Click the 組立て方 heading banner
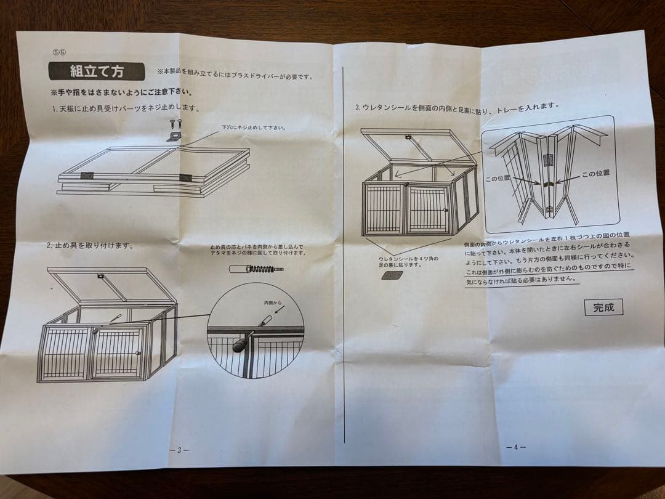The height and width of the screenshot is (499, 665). (97, 71)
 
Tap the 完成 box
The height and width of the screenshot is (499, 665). (603, 307)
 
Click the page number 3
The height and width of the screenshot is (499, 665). (179, 450)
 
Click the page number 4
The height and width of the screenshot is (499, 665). (516, 447)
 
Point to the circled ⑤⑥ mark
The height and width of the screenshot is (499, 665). (60, 52)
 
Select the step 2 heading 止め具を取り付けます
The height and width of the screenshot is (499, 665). (91, 245)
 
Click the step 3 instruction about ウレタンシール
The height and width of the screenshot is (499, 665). (457, 107)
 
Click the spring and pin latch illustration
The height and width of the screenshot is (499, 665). (256, 269)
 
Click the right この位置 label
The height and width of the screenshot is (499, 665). (594, 174)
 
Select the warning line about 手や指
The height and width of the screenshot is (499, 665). (121, 93)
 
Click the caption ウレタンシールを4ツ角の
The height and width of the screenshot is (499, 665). (408, 259)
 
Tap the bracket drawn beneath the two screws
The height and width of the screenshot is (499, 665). (175, 136)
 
